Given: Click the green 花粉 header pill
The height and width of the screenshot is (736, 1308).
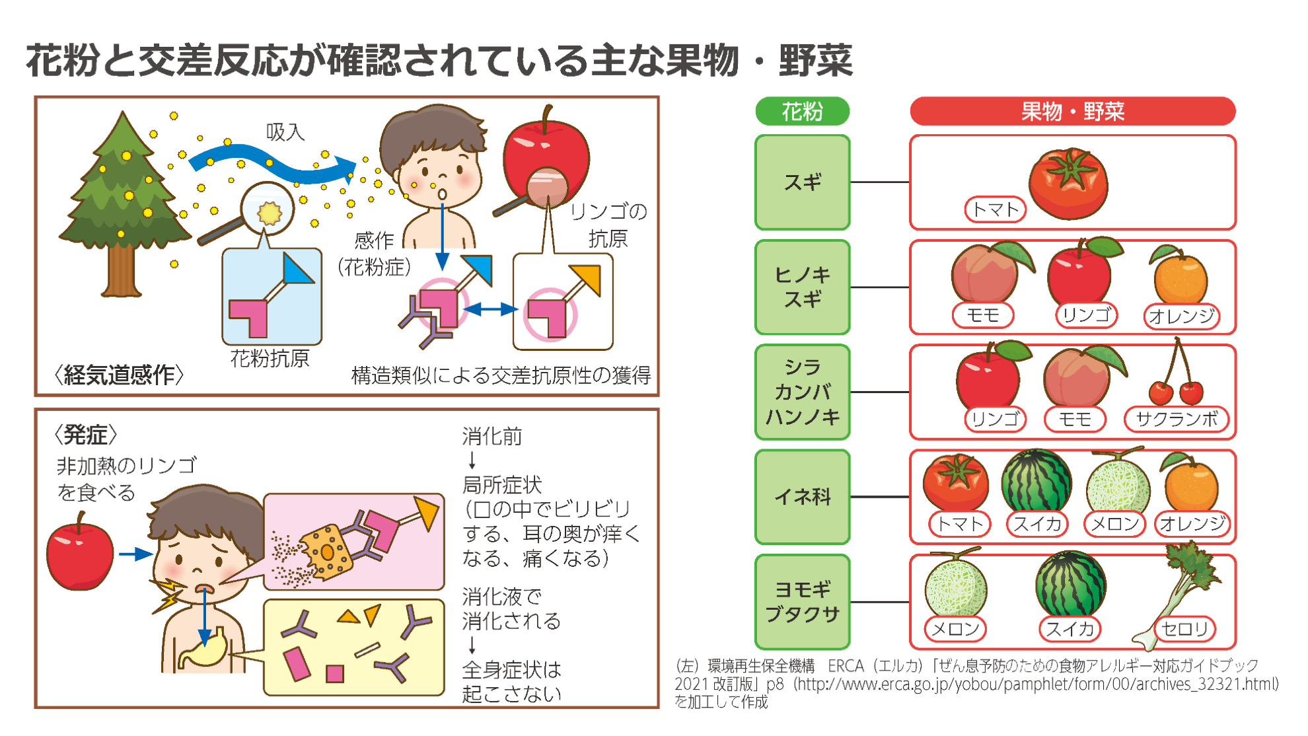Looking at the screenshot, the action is click(x=802, y=111).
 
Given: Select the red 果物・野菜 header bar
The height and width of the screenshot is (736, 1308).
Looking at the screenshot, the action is click(x=1072, y=111).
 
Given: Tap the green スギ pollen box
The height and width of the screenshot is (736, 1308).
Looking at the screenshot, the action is click(x=802, y=182).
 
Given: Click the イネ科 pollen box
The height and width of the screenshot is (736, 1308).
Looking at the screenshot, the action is click(x=802, y=496).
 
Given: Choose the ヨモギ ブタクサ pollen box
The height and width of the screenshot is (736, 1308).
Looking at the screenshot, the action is click(x=802, y=601).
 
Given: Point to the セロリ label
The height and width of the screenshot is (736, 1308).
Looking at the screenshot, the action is click(x=1186, y=628).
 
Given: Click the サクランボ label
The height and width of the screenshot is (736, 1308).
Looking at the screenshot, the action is click(x=1177, y=419).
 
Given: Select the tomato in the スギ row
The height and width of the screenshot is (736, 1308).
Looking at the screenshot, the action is click(x=1068, y=183).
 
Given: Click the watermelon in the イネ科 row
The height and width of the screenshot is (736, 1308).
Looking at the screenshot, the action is click(x=1036, y=481).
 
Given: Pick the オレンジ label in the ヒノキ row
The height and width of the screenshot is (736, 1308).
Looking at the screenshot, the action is click(x=1181, y=316).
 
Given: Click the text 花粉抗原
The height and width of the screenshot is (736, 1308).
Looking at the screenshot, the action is click(x=270, y=359).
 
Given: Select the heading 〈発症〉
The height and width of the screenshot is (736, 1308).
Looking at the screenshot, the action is click(x=86, y=435).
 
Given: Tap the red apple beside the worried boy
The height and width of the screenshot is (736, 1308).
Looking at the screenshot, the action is click(x=80, y=554).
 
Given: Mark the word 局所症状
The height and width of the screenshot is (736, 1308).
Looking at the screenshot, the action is click(x=502, y=484).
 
